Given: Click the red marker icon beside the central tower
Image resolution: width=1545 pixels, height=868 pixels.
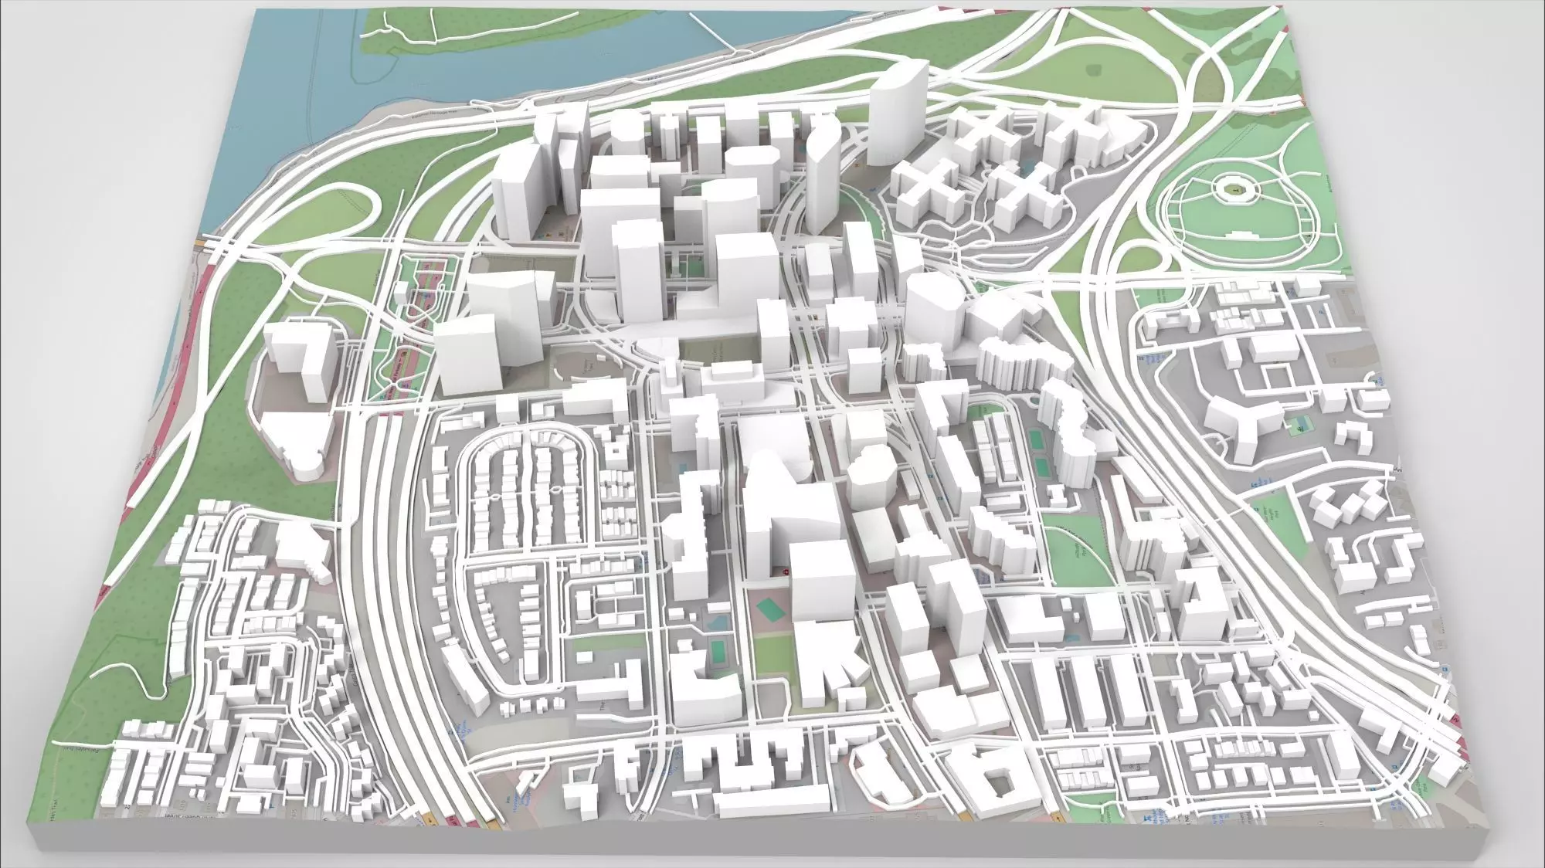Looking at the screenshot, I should tap(786, 571).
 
